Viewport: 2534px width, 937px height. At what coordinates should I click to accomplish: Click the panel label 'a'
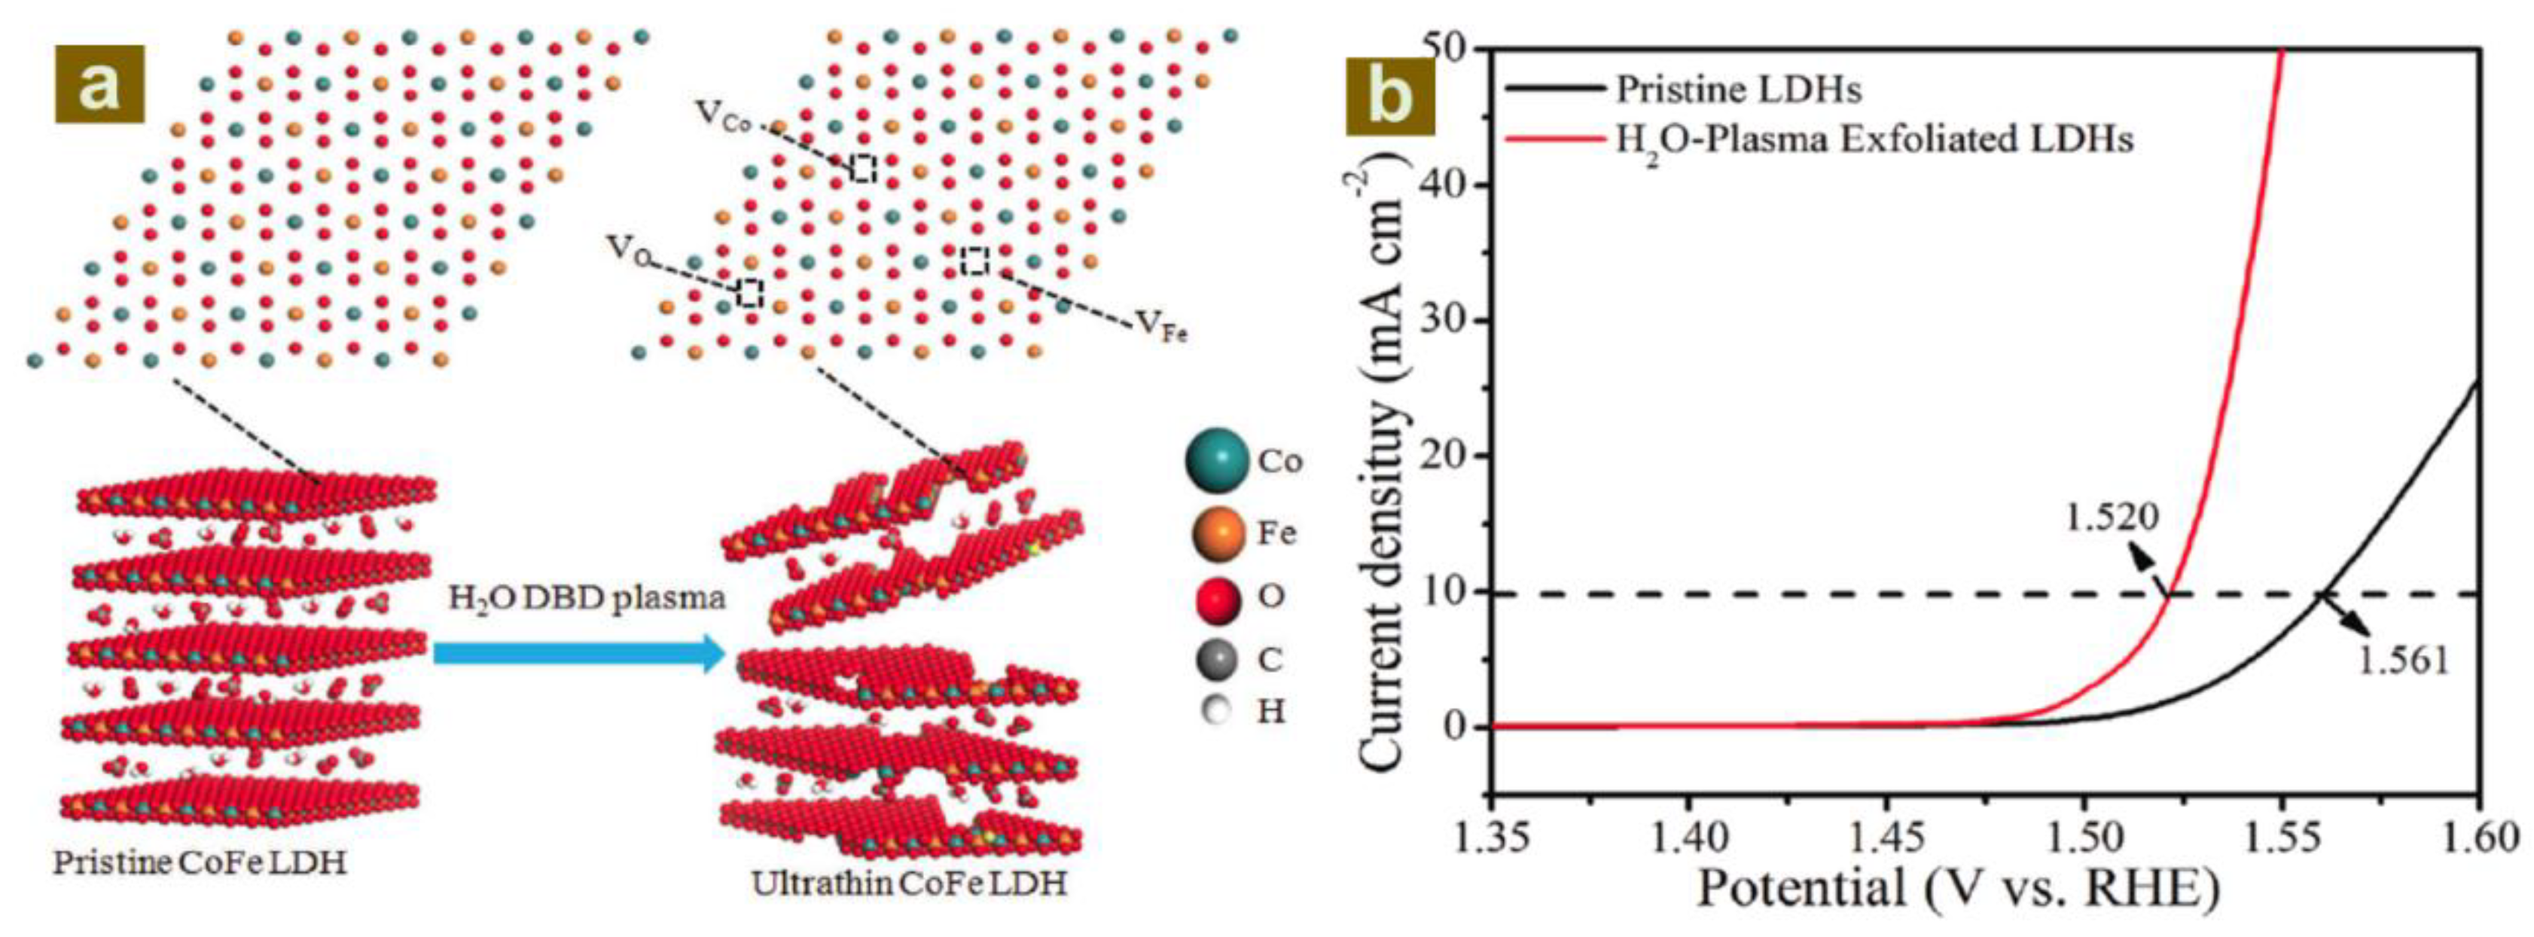99,86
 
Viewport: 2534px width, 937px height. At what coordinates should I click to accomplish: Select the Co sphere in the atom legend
1218,459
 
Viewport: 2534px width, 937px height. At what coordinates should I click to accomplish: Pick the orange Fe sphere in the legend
1218,533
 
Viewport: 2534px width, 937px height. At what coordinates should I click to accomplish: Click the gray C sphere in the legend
1218,658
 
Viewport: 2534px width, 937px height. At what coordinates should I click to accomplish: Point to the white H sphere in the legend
1218,710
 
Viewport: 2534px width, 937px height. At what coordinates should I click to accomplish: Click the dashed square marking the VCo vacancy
863,168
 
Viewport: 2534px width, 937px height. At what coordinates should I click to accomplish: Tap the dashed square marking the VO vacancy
749,292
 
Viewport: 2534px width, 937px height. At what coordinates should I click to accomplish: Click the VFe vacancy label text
1160,326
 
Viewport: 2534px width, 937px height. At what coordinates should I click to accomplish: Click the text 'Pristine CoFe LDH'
200,863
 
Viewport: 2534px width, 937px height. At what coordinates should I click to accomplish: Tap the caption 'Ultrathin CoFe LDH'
909,883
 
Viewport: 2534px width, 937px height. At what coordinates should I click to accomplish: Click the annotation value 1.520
2110,517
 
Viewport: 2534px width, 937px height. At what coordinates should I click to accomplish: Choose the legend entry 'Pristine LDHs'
1738,90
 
